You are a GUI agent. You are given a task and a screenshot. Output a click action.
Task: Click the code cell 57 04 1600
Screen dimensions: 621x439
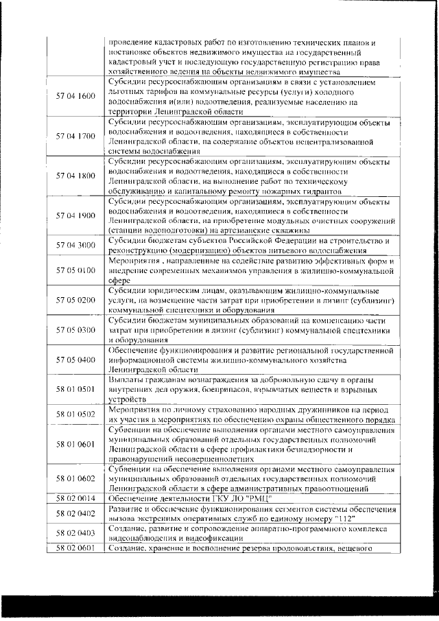pyautogui.click(x=75, y=96)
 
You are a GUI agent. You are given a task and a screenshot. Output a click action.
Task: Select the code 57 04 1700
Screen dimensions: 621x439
pyautogui.click(x=75, y=136)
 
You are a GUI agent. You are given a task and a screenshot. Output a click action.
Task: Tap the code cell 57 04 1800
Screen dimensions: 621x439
pyautogui.click(x=75, y=176)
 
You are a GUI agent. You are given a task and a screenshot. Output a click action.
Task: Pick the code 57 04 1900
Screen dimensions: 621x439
pyautogui.click(x=75, y=215)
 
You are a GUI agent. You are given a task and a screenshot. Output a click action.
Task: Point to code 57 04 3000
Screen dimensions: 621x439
pyautogui.click(x=75, y=245)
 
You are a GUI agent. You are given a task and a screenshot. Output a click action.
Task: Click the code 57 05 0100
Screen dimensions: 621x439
pyautogui.click(x=75, y=271)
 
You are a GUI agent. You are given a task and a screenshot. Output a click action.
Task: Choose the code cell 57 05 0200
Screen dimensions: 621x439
pyautogui.click(x=75, y=301)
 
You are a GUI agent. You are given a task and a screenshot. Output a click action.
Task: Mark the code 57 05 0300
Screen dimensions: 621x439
pyautogui.click(x=75, y=330)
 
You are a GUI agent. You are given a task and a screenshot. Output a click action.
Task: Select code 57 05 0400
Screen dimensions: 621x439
pyautogui.click(x=75, y=360)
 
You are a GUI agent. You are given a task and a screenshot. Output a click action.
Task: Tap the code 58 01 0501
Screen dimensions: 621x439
pyautogui.click(x=75, y=389)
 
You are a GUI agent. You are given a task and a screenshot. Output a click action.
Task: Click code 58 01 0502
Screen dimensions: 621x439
pyautogui.click(x=75, y=414)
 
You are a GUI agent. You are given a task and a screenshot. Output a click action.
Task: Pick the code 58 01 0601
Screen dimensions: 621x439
pyautogui.click(x=75, y=444)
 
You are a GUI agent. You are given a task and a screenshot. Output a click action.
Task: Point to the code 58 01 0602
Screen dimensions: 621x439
pyautogui.click(x=75, y=479)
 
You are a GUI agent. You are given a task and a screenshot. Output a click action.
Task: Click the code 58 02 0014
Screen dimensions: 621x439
pyautogui.click(x=75, y=498)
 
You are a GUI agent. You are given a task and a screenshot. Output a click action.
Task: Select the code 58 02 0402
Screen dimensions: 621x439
pyautogui.click(x=75, y=513)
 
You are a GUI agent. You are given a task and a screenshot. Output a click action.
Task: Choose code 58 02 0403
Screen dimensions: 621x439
pyautogui.click(x=75, y=532)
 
